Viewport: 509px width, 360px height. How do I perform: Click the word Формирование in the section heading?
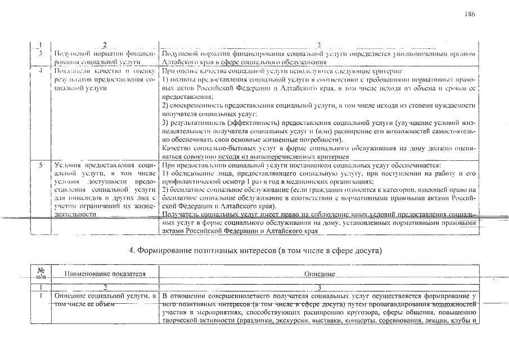coord(164,249)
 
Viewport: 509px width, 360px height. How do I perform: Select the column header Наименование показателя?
coord(105,274)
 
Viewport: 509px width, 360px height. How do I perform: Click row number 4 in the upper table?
coord(40,71)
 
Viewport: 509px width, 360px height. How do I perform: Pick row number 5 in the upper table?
coord(40,166)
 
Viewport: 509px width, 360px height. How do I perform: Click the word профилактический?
coord(192,182)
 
